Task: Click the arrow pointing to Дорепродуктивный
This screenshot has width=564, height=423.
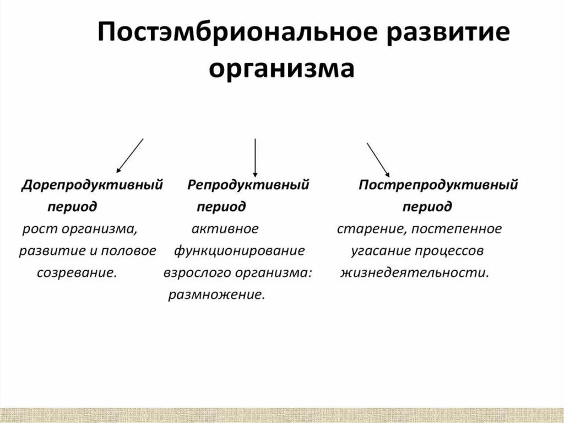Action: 130,156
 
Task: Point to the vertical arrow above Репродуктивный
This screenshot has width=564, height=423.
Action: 255,157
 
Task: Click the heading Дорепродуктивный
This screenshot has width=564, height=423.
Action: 92,185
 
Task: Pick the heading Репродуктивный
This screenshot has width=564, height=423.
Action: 248,185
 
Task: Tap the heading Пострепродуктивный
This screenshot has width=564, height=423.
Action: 438,185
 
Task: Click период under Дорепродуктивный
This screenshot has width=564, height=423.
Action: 72,207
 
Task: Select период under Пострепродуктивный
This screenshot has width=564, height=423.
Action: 427,207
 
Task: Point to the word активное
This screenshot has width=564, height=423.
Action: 225,229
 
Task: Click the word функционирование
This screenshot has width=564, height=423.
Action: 240,251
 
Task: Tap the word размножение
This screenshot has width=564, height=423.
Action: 216,295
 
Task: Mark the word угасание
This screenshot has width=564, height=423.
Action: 378,251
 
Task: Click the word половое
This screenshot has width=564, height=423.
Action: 129,251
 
